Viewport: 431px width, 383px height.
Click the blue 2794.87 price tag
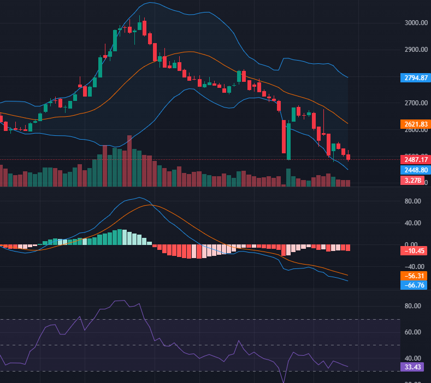click(x=415, y=77)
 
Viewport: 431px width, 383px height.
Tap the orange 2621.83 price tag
click(x=415, y=124)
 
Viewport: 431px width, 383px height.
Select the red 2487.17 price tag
click(x=415, y=160)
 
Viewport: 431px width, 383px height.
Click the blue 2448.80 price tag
click(x=415, y=170)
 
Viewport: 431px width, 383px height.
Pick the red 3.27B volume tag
click(x=412, y=180)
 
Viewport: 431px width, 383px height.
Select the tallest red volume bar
click(x=129, y=161)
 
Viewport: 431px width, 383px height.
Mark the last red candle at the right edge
click(x=348, y=157)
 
